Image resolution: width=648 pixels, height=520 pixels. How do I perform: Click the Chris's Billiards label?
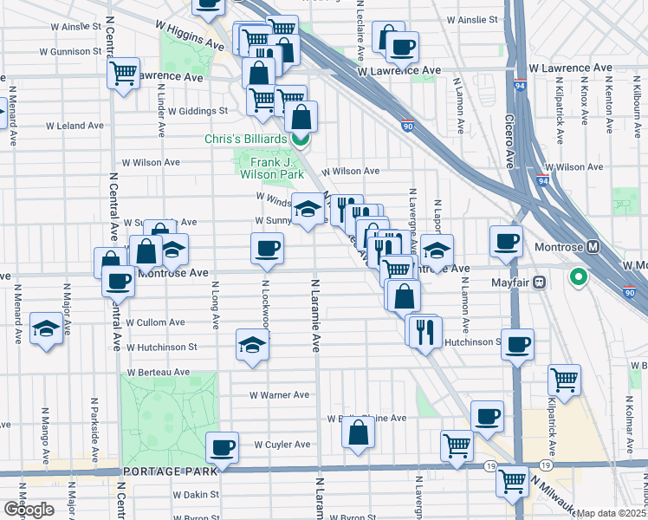[244, 140]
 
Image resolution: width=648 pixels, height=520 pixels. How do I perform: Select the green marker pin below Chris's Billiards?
[301, 139]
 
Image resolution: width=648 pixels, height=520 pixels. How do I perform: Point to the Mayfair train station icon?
[539, 282]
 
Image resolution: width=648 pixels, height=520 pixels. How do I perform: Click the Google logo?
[28, 510]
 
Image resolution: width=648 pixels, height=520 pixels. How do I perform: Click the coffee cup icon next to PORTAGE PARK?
[223, 447]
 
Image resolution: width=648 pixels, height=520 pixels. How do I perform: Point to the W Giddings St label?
[198, 111]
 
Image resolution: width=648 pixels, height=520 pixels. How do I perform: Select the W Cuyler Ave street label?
[282, 445]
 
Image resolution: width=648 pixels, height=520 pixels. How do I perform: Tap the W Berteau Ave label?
[158, 372]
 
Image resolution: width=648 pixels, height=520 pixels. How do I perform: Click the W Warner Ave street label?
[279, 395]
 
